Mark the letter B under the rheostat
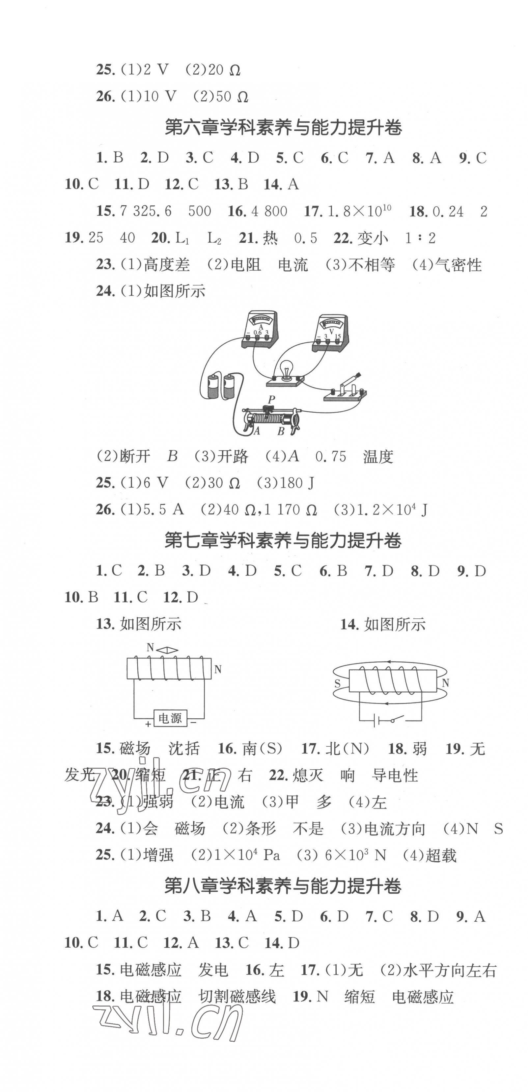281,432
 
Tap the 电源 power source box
170,718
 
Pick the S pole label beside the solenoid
338,683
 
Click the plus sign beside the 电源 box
148,725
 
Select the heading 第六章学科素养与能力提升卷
283,128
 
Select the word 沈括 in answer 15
184,749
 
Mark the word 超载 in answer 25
441,856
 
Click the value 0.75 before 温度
331,457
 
